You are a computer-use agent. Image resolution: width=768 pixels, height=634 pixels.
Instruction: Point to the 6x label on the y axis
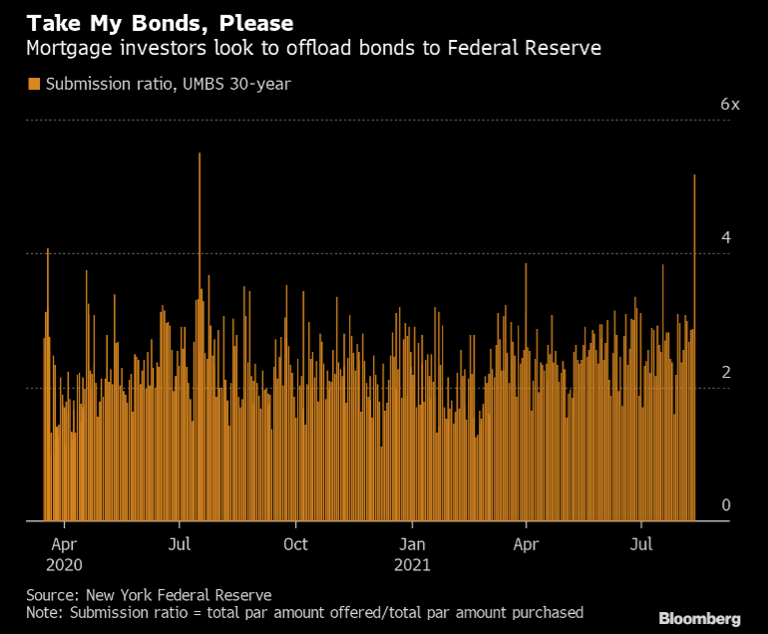[x=730, y=105]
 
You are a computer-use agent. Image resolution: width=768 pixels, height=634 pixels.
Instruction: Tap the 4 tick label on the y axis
[x=726, y=237]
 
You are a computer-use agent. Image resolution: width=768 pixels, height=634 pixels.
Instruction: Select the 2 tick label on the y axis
[x=726, y=372]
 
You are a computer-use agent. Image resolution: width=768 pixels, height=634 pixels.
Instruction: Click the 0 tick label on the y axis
[x=726, y=505]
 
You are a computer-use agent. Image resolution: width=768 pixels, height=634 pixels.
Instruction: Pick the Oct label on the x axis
[x=295, y=544]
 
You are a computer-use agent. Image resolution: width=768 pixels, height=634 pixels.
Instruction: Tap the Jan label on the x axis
[x=412, y=544]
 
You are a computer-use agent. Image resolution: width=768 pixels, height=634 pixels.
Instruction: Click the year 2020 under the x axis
[x=64, y=564]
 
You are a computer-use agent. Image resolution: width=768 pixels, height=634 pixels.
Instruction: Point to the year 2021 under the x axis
[x=412, y=564]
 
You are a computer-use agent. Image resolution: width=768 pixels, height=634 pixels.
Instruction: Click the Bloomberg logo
[x=697, y=619]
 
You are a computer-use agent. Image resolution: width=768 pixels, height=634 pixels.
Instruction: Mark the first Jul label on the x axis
[x=179, y=544]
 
